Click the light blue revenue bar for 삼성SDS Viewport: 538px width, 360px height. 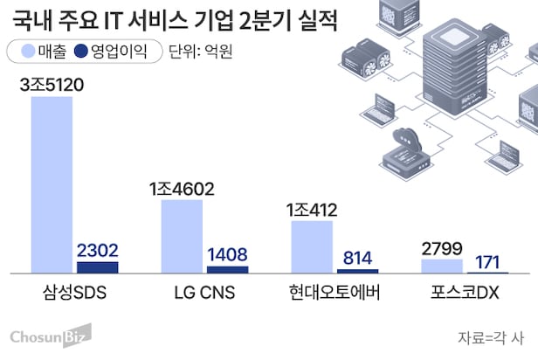point(52,183)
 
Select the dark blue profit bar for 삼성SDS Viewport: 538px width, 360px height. point(97,267)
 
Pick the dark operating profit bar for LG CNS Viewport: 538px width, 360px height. point(227,269)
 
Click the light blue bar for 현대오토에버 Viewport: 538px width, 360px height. point(312,246)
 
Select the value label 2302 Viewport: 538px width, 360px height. point(97,250)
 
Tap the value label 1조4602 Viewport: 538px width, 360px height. point(182,189)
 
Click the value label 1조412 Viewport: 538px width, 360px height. point(313,210)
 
